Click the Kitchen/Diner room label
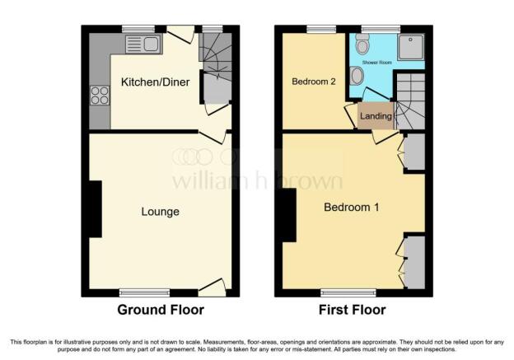click(x=155, y=82)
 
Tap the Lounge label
click(x=161, y=212)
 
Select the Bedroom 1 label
click(x=352, y=208)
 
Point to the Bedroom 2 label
click(x=314, y=82)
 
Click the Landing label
click(x=376, y=115)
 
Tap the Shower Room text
click(x=377, y=63)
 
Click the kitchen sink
click(x=144, y=44)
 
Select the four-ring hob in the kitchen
click(x=100, y=95)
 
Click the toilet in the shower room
click(x=362, y=44)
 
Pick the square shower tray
click(x=411, y=48)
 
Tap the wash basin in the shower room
click(x=356, y=76)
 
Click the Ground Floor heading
click(x=161, y=310)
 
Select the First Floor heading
click(x=352, y=310)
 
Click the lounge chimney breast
click(x=95, y=209)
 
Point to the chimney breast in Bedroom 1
click(x=289, y=215)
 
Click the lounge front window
click(x=145, y=292)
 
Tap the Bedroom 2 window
click(x=321, y=29)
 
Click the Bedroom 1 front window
click(x=348, y=292)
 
